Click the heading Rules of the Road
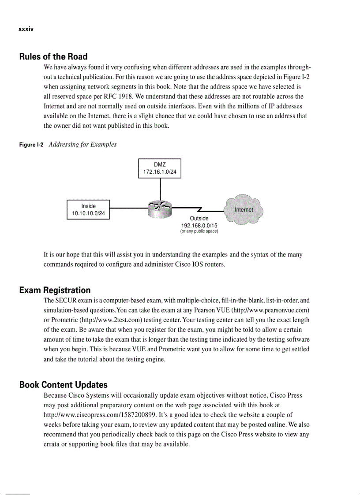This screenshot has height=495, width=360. pos(53,57)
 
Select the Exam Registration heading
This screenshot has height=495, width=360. pos(55,290)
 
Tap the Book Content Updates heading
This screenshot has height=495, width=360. pos(63,385)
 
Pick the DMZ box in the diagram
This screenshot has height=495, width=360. pos(160,168)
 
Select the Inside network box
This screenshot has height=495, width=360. pos(88,210)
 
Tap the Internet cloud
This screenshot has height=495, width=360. pos(244,209)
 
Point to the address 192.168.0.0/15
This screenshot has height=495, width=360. pos(199,225)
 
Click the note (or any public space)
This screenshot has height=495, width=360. pos(199,231)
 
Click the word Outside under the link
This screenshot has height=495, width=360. pos(199,218)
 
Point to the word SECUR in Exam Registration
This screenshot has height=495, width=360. pos(65,301)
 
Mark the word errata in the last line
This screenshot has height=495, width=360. pos(52,444)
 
